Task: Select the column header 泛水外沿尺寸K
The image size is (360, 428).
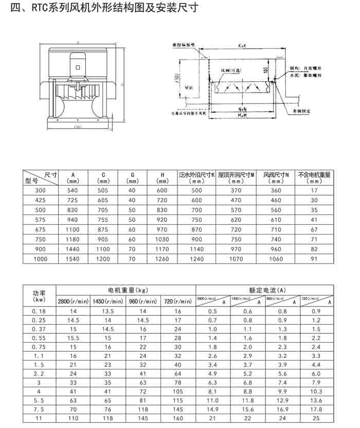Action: coord(196,177)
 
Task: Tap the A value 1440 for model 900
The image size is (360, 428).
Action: coord(74,248)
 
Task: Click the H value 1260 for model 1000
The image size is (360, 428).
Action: coord(161,258)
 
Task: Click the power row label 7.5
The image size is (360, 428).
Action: coord(39,409)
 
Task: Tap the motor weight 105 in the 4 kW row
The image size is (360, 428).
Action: coord(177,391)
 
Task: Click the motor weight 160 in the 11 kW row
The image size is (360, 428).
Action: coord(177,418)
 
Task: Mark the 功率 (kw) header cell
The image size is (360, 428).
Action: coord(39,295)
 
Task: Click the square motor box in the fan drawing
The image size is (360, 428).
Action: coord(78,67)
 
